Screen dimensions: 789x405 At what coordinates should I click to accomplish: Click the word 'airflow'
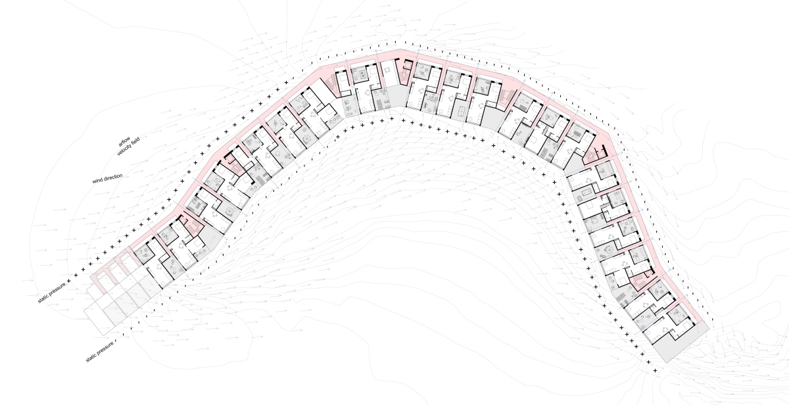click(124, 141)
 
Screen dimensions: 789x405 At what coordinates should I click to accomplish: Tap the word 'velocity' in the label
click(124, 149)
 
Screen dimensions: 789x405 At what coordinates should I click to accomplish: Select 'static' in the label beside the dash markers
click(92, 357)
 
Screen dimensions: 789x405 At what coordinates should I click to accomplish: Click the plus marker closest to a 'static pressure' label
click(68, 281)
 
